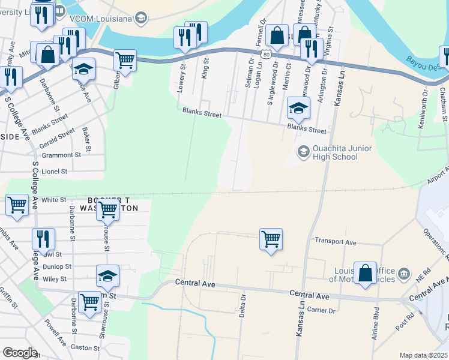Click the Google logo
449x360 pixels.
coord(20,353)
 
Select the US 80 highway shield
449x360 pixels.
coord(266,54)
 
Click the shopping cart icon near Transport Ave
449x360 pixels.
coord(271,239)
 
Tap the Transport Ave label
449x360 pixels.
coord(336,242)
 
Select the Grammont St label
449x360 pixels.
coord(61,155)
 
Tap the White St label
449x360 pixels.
coord(53,200)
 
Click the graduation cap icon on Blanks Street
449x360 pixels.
coord(298,108)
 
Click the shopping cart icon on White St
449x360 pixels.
coord(17,205)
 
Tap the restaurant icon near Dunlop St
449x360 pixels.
coord(43,239)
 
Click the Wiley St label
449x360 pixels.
coord(55,279)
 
